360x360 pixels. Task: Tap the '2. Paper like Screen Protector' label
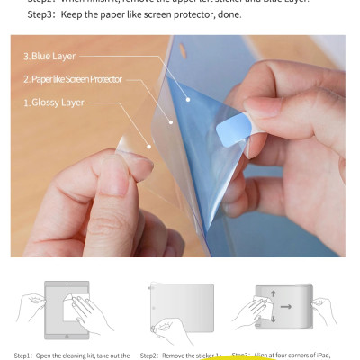coord(72,79)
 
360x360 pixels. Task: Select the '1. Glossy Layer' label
coord(53,103)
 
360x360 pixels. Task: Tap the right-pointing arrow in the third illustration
coord(285,306)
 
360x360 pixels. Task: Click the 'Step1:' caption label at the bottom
coord(25,355)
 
